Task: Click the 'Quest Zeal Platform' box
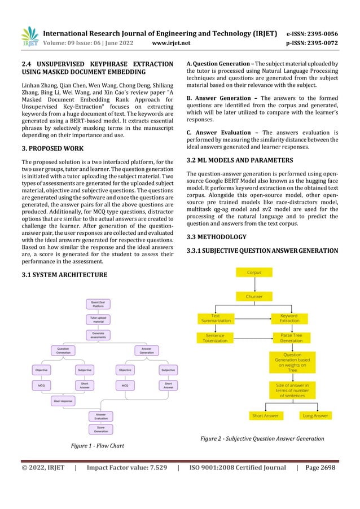[98, 305]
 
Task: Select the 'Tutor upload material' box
[98, 319]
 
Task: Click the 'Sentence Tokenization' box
[216, 338]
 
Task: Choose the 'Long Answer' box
[315, 415]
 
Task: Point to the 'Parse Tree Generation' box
[292, 338]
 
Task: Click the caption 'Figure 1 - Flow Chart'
[97, 446]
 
